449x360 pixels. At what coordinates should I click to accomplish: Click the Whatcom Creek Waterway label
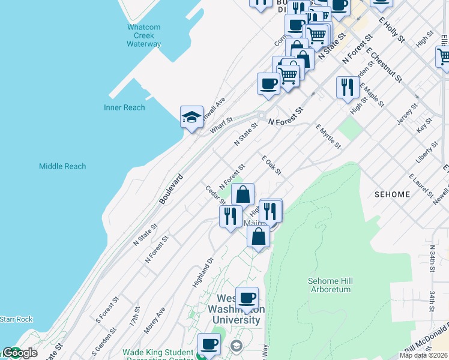144,35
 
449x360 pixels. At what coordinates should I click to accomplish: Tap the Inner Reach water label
124,107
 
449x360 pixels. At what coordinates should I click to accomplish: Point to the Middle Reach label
62,166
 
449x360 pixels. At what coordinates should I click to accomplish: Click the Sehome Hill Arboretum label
328,285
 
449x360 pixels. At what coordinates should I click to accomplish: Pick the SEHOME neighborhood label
392,194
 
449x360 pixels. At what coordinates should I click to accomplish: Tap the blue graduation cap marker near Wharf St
191,117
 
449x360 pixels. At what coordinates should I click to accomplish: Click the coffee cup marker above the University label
247,298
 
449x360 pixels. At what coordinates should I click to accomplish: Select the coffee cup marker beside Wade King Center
209,344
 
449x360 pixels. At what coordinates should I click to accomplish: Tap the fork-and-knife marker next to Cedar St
231,215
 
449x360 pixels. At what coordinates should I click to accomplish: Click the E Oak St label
271,165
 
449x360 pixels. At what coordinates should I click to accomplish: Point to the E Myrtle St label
328,137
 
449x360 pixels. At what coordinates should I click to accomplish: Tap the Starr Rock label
16,319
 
